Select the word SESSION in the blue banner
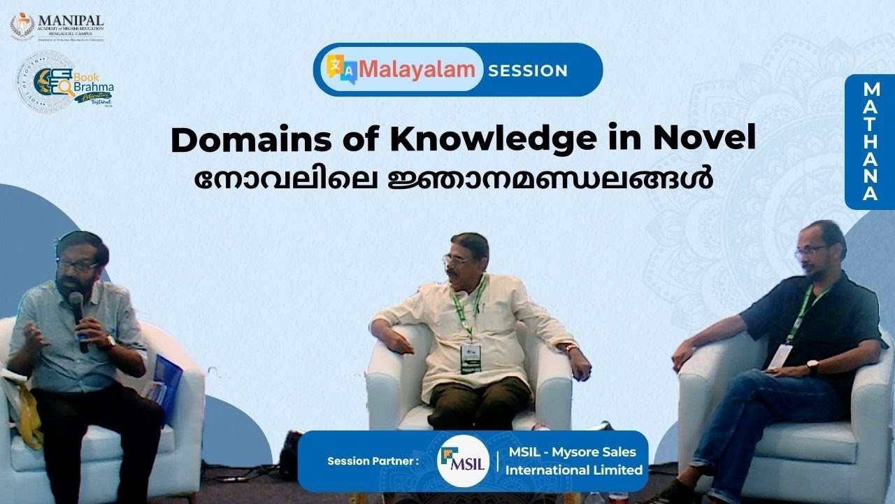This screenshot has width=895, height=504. click(528, 70)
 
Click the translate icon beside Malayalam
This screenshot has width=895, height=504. click(343, 69)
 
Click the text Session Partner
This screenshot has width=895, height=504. click(373, 461)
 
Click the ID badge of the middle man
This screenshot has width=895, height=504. click(471, 356)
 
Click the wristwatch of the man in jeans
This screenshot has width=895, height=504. click(812, 366)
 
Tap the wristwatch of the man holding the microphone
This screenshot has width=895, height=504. click(110, 342)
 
